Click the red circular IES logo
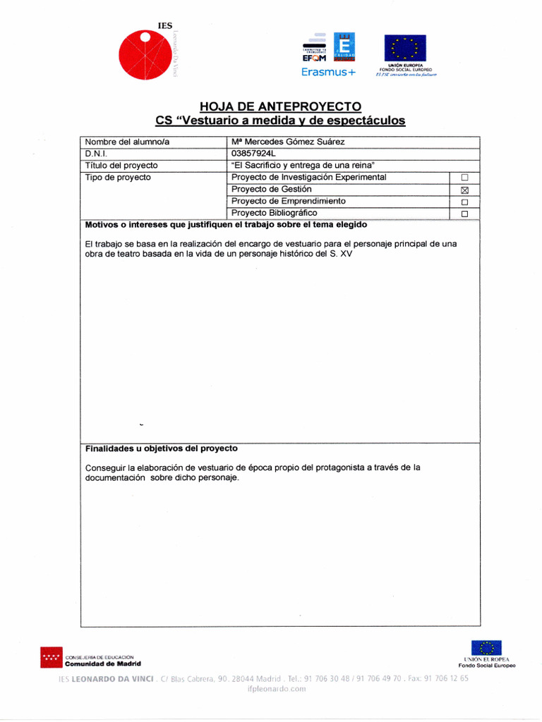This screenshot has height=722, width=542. (x=145, y=56)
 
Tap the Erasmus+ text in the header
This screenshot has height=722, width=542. (x=329, y=72)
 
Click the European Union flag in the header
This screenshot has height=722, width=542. (x=404, y=48)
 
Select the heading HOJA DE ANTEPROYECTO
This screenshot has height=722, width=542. (x=280, y=106)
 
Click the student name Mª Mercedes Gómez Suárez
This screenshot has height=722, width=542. (x=288, y=142)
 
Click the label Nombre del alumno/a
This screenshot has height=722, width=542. (x=127, y=142)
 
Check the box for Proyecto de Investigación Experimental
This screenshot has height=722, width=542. (x=464, y=178)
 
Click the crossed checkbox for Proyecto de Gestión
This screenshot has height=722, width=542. (x=464, y=190)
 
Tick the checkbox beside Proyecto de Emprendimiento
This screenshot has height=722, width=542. (x=464, y=202)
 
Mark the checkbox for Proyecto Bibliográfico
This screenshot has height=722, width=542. (x=464, y=214)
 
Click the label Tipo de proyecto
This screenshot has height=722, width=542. (x=118, y=178)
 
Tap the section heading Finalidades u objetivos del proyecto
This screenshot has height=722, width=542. (x=161, y=448)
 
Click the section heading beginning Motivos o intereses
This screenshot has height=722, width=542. (x=226, y=225)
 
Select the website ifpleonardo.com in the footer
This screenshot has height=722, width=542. (x=277, y=690)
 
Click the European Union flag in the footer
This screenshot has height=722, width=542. (x=486, y=648)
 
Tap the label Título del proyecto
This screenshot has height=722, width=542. (x=121, y=166)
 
